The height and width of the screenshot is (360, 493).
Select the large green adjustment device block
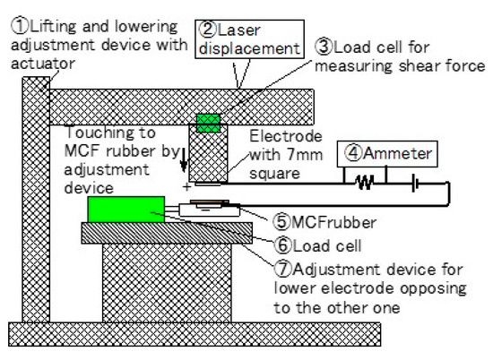pyautogui.click(x=125, y=210)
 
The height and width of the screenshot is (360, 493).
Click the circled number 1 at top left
pyautogui.click(x=17, y=27)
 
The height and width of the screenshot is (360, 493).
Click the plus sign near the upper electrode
pyautogui.click(x=186, y=187)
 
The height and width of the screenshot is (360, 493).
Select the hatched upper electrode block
pyautogui.click(x=208, y=155)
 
